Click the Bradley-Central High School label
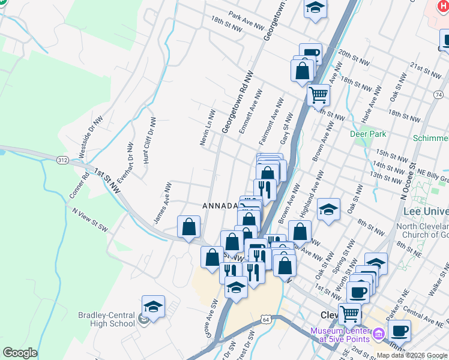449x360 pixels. click(106, 319)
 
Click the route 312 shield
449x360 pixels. click(62, 160)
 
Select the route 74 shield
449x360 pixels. click(438, 95)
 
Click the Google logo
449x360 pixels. click(20, 353)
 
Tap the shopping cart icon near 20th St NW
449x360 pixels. click(318, 94)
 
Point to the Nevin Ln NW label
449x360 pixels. click(206, 127)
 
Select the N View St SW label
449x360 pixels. click(89, 221)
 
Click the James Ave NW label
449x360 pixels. click(163, 203)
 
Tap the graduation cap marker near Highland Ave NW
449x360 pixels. click(328, 209)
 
